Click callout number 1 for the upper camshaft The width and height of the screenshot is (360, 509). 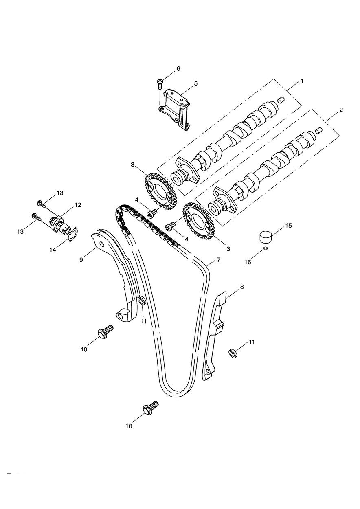(x=302, y=81)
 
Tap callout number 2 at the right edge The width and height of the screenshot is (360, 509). (x=341, y=110)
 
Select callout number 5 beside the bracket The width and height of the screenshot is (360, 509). (x=196, y=83)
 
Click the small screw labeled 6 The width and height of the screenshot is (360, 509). (x=160, y=83)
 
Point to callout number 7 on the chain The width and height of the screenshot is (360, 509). (x=219, y=259)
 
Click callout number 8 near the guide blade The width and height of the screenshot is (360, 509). (x=241, y=287)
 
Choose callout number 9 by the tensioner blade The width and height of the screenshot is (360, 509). (x=81, y=260)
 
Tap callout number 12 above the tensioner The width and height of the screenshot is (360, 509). (x=78, y=205)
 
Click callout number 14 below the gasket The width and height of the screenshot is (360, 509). (x=53, y=250)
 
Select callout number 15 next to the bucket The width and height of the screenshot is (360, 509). (x=288, y=226)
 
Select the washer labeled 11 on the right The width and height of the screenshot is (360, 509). (x=232, y=353)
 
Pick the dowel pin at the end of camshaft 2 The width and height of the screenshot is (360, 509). (x=319, y=131)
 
